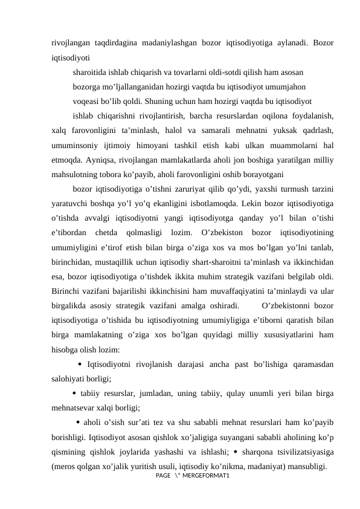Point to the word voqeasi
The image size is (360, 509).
point(86,100)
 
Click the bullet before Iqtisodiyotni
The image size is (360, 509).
point(81,365)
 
